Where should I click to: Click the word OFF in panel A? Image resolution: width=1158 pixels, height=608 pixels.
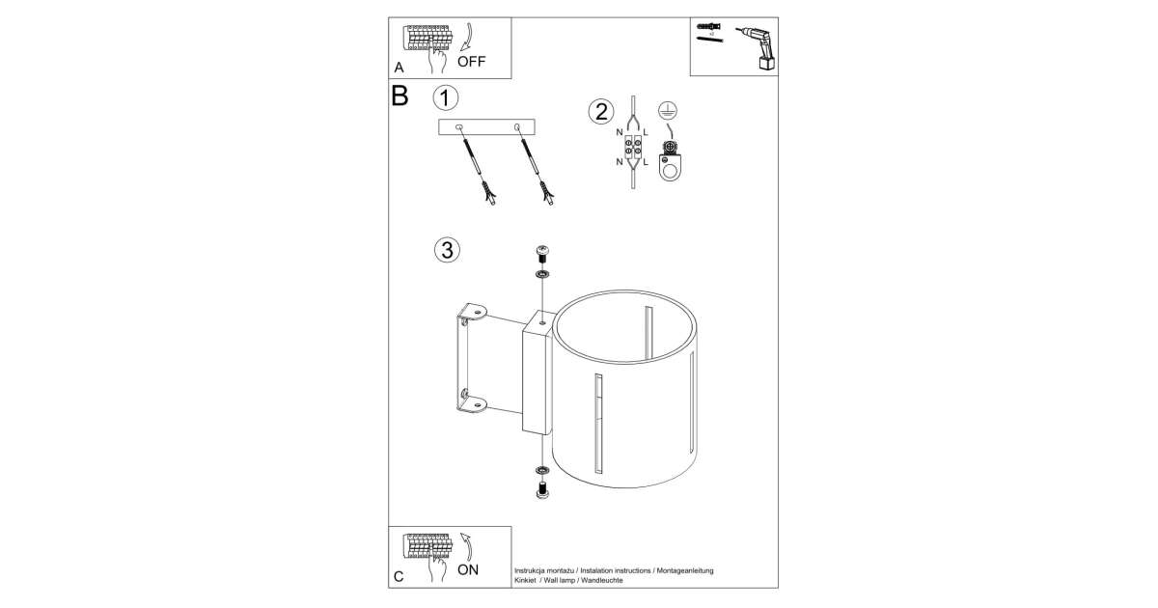coord(472,62)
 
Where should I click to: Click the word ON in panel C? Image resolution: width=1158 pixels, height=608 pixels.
coord(468,569)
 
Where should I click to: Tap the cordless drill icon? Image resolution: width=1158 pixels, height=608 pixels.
coord(758,48)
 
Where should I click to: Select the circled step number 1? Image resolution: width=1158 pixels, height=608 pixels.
coord(445,97)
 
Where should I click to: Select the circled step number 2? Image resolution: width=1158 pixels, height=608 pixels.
coord(601,112)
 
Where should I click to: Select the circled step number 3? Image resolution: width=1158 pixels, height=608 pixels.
coord(447,250)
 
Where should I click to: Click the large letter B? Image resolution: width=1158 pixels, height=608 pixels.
coord(400,97)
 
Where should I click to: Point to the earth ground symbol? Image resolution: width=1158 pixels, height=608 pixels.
coord(668,110)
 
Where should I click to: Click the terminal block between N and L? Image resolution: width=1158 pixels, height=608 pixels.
coord(633,147)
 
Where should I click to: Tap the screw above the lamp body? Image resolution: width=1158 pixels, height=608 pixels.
coord(542,255)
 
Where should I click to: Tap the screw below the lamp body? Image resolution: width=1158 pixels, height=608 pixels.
coord(542,490)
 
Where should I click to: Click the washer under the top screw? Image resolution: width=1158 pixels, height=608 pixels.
coord(542,274)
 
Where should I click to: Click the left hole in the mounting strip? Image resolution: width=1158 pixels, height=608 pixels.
coord(459,126)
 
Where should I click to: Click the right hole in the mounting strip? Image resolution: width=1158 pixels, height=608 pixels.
coord(517,126)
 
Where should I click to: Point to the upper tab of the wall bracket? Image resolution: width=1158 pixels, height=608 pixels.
coord(473,310)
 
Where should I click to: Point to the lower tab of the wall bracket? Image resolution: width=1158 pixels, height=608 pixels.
coord(473,403)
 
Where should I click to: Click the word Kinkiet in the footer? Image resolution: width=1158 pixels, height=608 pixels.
coord(526,581)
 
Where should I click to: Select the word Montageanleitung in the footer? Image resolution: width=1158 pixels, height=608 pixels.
coord(685,570)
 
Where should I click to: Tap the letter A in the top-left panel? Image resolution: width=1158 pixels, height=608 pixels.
coord(399,68)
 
